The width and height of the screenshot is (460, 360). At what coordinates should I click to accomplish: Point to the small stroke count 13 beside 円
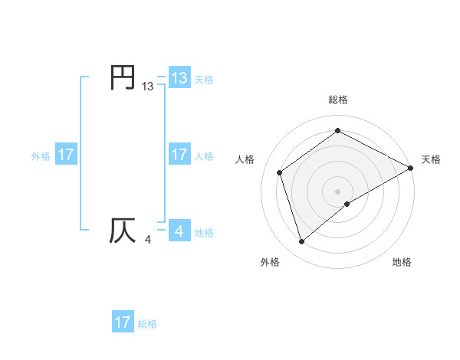(x=148, y=87)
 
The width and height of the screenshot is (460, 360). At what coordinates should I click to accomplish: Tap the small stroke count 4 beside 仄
(x=147, y=241)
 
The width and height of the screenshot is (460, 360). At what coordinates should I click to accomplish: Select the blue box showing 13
(x=179, y=77)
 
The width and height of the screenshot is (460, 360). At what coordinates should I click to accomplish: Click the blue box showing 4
(x=179, y=231)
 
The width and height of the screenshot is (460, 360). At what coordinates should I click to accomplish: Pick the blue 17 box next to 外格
(x=65, y=155)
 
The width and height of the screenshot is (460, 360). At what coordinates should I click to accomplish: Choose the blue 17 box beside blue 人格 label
(x=179, y=155)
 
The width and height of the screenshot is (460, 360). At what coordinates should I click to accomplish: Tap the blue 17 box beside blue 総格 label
(x=123, y=322)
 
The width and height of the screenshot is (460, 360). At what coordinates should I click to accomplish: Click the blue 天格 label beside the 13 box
(x=204, y=78)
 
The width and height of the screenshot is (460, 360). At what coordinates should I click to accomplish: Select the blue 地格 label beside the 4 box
(x=204, y=232)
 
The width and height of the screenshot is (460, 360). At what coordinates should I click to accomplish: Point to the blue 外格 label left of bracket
(x=41, y=155)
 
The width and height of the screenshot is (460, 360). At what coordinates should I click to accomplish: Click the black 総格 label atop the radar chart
(x=338, y=100)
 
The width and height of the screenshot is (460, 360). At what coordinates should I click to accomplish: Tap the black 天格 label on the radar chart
(x=431, y=159)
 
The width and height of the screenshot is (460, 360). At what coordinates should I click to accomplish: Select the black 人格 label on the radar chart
(x=245, y=159)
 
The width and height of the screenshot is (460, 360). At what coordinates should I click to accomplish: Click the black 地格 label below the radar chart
(x=402, y=262)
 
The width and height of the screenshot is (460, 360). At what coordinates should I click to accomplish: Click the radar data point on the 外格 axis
(x=301, y=242)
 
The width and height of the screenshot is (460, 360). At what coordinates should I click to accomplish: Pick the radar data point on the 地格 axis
(x=347, y=204)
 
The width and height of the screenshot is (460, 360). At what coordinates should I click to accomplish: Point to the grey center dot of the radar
(x=338, y=191)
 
